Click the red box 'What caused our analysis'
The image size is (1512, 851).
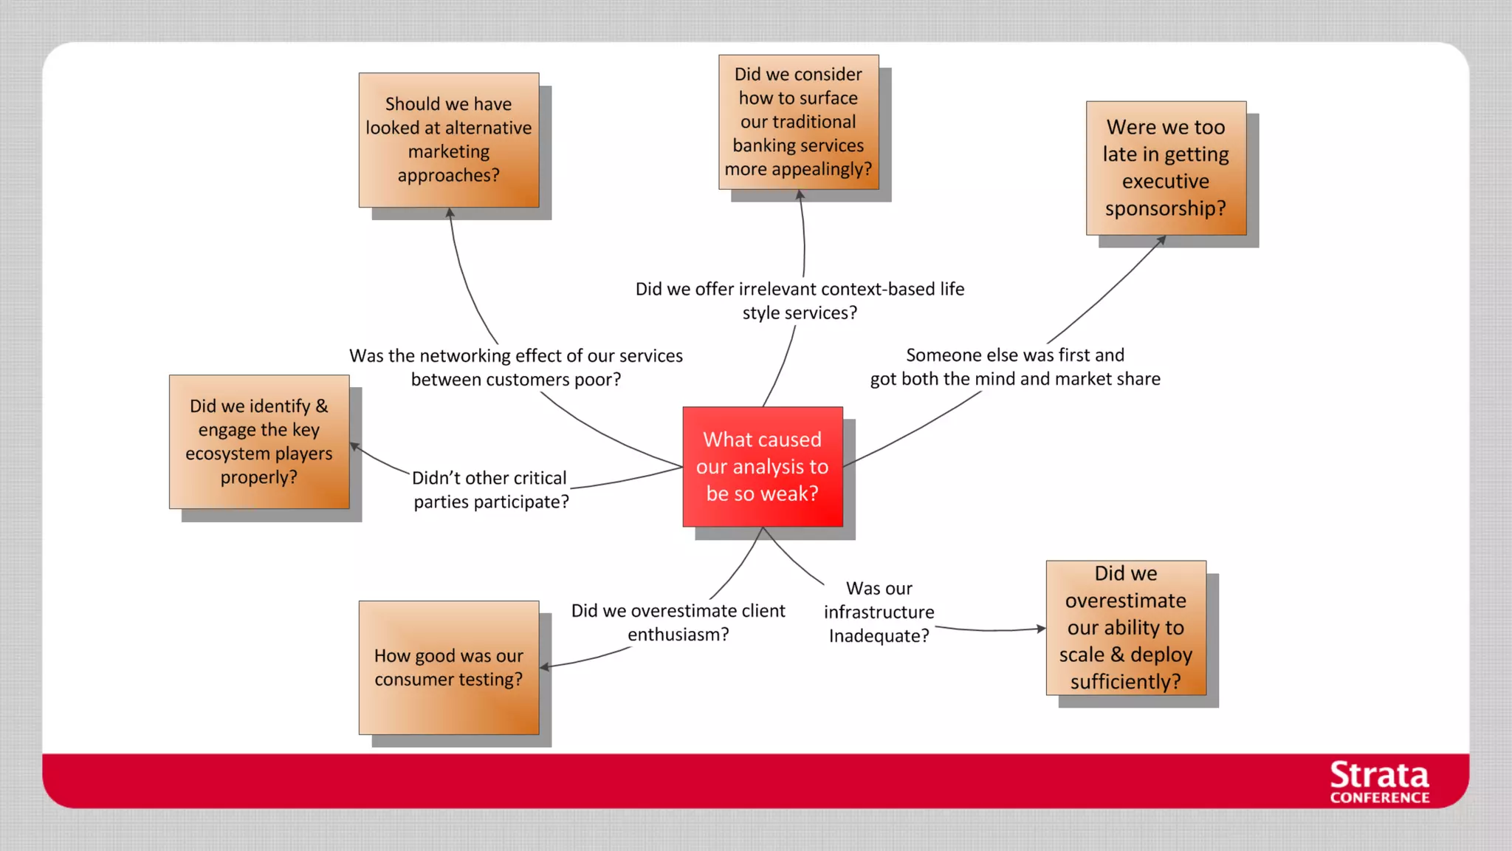click(x=763, y=466)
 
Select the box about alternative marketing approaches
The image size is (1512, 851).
click(x=449, y=140)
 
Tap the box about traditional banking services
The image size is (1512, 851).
click(x=798, y=122)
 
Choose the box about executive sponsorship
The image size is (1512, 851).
click(x=1166, y=168)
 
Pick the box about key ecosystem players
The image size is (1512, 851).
click(x=259, y=442)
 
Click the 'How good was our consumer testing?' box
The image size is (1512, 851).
click(x=449, y=667)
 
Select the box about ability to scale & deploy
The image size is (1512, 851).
click(x=1126, y=627)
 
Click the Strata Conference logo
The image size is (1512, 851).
click(x=1379, y=782)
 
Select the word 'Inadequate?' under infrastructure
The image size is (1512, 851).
click(x=879, y=635)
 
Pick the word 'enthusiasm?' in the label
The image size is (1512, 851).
click(x=678, y=634)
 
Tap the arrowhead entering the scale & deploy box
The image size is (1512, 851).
click(x=1041, y=629)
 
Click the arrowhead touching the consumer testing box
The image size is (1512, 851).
click(x=545, y=667)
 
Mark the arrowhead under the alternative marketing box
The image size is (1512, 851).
click(x=450, y=213)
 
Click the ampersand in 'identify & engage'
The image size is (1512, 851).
click(x=321, y=406)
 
